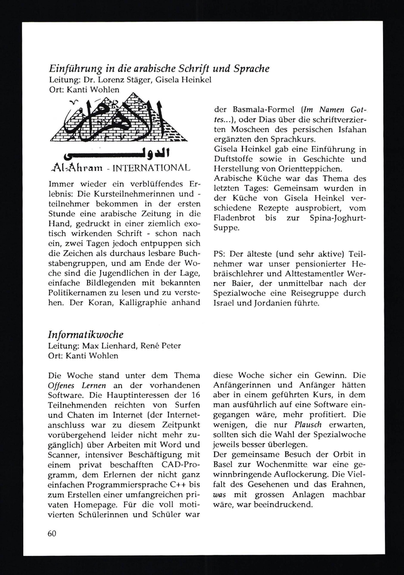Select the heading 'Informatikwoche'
click(x=86, y=335)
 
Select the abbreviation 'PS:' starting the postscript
click(x=220, y=254)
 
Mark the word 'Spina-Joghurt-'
click(x=338, y=218)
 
